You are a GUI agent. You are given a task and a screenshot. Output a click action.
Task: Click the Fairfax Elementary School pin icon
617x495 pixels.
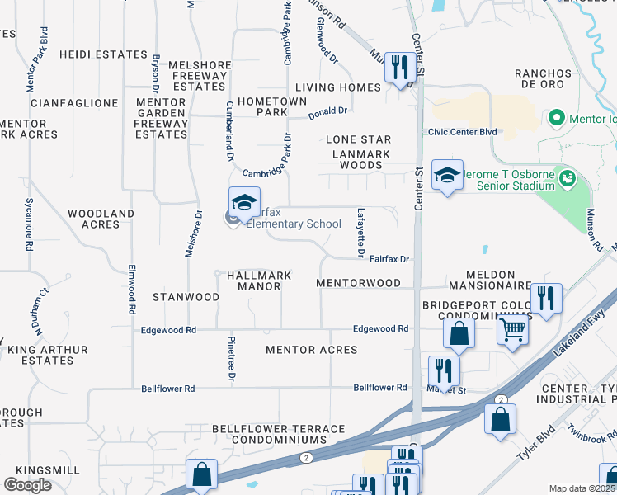tap(244, 201)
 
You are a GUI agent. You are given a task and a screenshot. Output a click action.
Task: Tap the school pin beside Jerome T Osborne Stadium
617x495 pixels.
tap(447, 175)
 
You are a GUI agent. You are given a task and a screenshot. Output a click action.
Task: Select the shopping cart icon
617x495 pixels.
tap(513, 329)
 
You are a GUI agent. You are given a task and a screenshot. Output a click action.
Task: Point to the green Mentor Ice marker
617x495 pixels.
tap(558, 119)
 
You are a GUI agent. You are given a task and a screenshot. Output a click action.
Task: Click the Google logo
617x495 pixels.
tap(28, 484)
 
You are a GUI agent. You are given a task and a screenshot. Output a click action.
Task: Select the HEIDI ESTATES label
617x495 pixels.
tap(103, 54)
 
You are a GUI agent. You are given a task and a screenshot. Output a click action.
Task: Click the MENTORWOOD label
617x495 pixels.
tap(358, 283)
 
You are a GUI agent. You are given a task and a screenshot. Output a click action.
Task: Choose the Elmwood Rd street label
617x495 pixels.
tap(131, 289)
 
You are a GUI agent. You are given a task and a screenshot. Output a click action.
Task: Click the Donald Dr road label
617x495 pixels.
tap(328, 112)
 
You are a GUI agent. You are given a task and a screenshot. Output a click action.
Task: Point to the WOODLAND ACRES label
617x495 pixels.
tap(101, 219)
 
